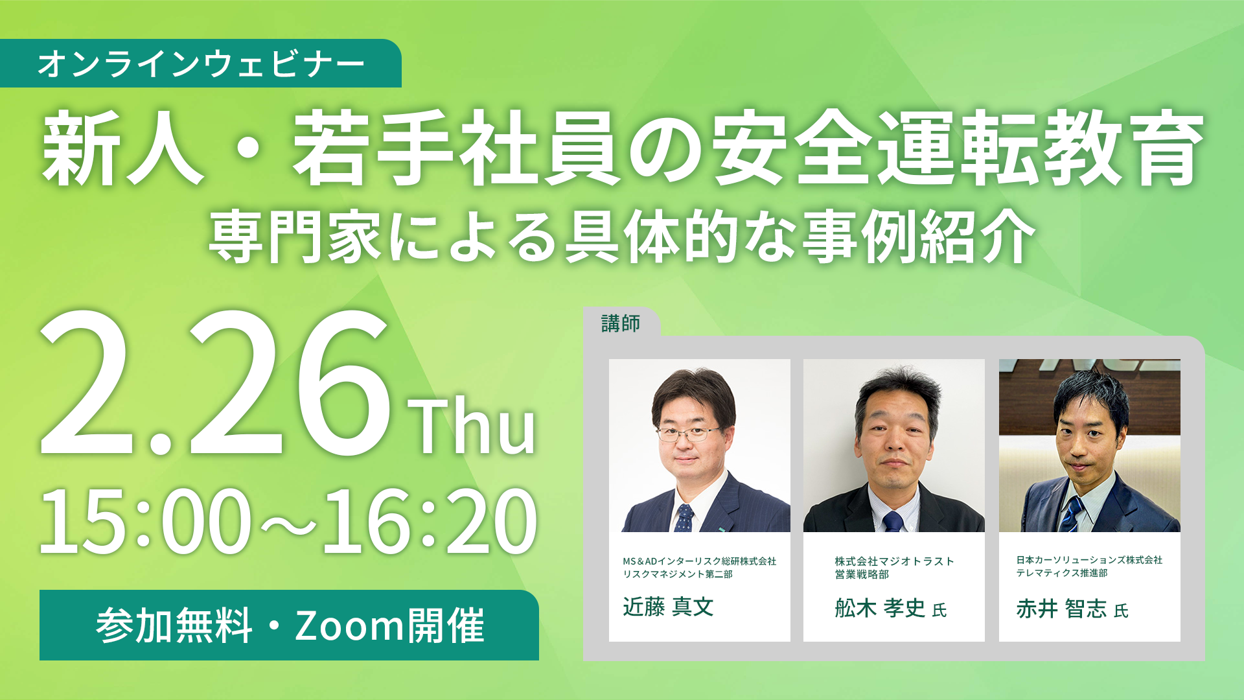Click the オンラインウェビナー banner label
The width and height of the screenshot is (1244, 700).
(201, 64)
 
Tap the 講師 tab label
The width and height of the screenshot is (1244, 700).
(621, 323)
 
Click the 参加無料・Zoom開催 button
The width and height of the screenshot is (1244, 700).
(289, 625)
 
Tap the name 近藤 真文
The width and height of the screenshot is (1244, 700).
(668, 607)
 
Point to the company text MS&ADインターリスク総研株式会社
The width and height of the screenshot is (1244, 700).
(699, 561)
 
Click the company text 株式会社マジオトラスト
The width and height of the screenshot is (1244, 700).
(894, 561)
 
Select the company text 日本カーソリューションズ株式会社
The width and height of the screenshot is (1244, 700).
(1089, 560)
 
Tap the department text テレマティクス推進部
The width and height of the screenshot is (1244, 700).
(1061, 573)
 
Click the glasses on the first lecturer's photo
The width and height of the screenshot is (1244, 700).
(688, 433)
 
